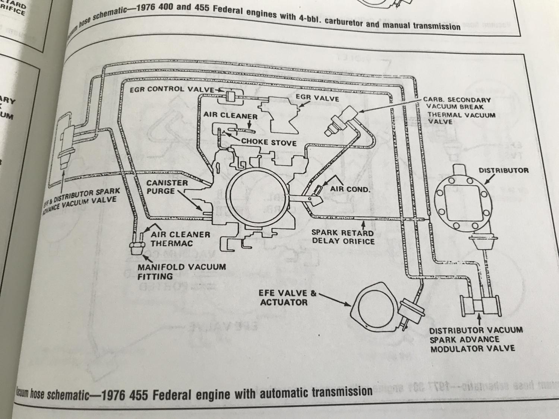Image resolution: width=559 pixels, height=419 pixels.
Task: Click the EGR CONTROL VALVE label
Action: (172, 89)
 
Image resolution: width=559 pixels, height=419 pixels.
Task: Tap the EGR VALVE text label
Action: (317, 98)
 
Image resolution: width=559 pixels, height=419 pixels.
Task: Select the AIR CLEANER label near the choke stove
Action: (230, 116)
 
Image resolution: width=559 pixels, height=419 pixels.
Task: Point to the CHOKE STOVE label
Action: (269, 142)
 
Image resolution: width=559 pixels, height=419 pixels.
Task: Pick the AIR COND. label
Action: (350, 189)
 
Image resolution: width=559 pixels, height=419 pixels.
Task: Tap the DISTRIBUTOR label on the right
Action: (503, 171)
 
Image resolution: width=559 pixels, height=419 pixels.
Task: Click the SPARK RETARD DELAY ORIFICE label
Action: (343, 237)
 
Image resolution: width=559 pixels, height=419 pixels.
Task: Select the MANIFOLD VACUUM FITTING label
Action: (181, 272)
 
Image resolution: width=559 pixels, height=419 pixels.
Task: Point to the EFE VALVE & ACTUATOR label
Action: (287, 298)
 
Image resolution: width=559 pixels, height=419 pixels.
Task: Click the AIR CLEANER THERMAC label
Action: (180, 239)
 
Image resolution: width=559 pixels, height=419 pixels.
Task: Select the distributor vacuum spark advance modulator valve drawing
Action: (480, 305)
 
